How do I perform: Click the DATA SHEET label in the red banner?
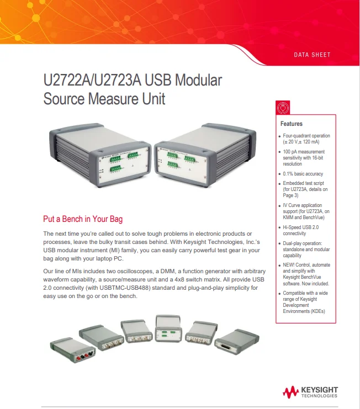click(x=312, y=55)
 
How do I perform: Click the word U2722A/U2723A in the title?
click(x=91, y=81)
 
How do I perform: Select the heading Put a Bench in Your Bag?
click(x=83, y=219)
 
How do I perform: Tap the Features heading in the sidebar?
click(x=292, y=124)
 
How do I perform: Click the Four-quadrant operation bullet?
click(x=306, y=139)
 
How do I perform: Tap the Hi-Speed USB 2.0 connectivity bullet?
click(x=301, y=230)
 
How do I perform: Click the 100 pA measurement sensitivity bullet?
click(x=304, y=157)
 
